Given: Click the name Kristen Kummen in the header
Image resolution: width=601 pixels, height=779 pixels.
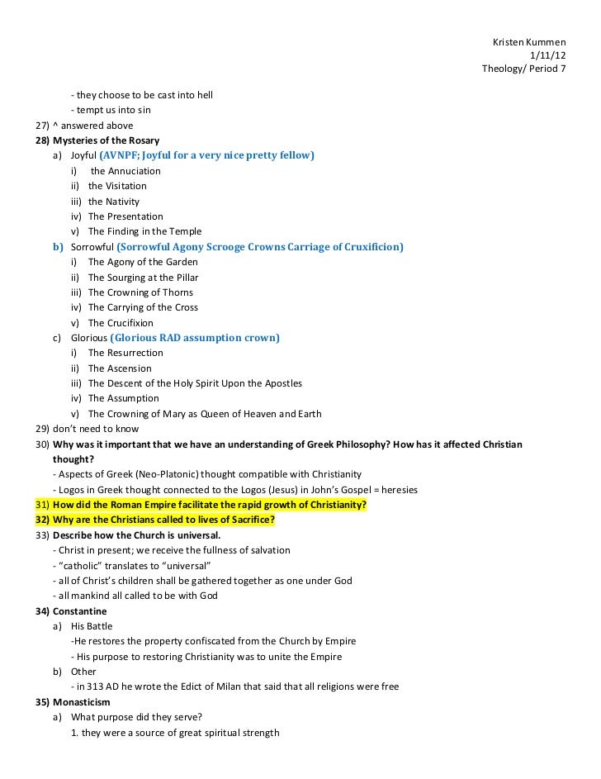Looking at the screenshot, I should pos(528,41).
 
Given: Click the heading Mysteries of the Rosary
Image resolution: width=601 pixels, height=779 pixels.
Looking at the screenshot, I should pos(106,140).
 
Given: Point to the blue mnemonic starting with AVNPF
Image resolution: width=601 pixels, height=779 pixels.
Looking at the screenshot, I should pos(206,155).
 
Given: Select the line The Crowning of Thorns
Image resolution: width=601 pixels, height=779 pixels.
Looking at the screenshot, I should pos(140,292).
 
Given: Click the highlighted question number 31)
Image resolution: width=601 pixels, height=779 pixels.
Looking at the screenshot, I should pos(42,505).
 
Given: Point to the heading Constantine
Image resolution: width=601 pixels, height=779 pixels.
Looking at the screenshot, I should pos(80,611).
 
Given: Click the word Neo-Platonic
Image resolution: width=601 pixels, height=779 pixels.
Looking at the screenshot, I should pos(169,474).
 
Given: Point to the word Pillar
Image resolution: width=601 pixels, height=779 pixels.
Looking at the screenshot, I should pos(184,278).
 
